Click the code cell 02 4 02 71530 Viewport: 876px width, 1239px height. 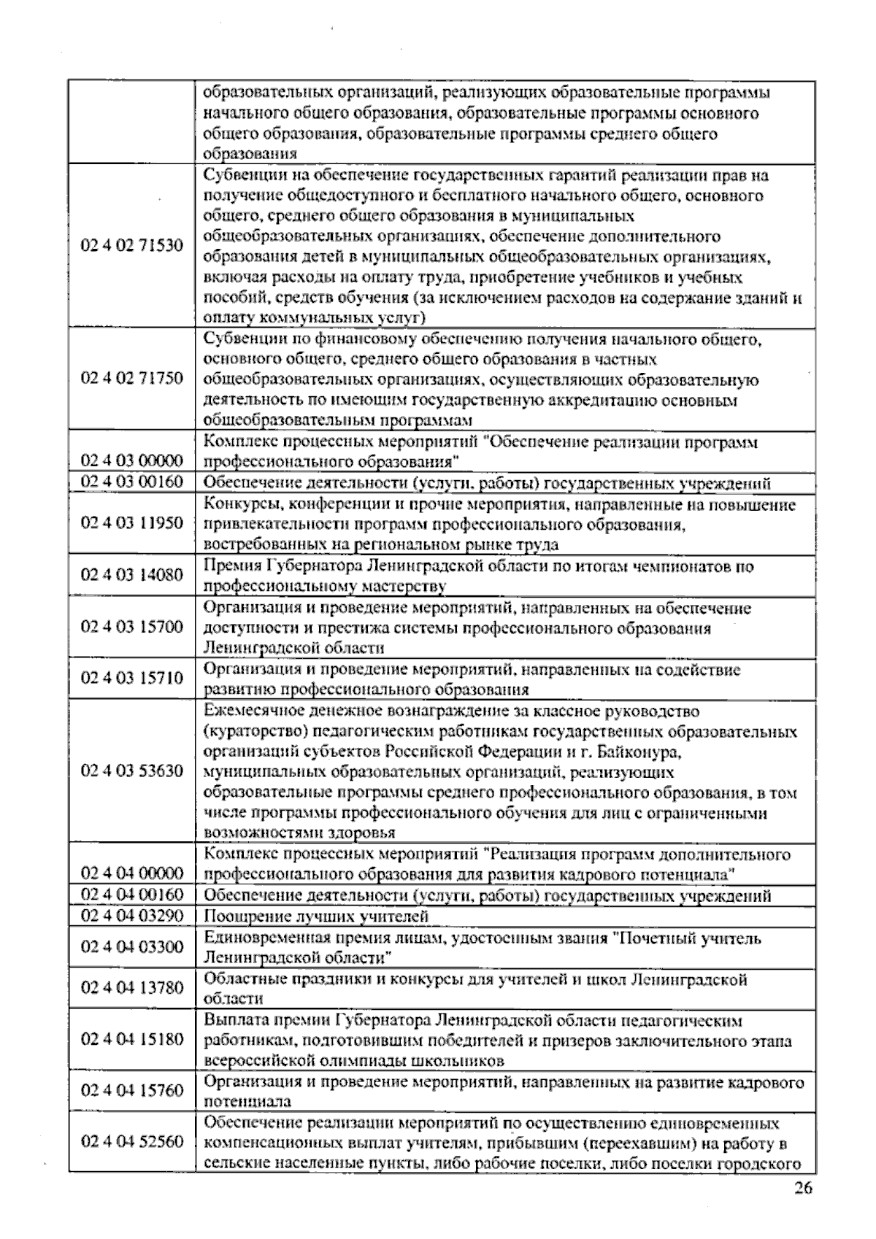click(x=132, y=246)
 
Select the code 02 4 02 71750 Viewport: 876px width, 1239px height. click(x=132, y=379)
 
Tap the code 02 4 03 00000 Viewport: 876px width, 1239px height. click(x=132, y=461)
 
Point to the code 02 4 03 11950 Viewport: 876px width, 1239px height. click(x=132, y=523)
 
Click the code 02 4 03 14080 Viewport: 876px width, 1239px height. click(x=132, y=575)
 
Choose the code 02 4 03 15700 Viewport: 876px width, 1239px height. click(x=132, y=627)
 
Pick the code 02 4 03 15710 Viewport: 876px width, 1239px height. click(x=132, y=679)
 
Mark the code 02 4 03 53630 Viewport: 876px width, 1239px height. click(x=132, y=771)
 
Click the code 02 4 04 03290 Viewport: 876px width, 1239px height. click(x=132, y=916)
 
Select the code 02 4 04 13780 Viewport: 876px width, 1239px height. click(x=132, y=988)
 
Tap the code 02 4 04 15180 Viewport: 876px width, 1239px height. click(x=132, y=1039)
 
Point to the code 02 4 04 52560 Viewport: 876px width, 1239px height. click(x=132, y=1142)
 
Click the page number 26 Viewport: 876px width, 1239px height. click(x=802, y=1189)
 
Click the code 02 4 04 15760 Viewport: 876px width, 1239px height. click(x=132, y=1091)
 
